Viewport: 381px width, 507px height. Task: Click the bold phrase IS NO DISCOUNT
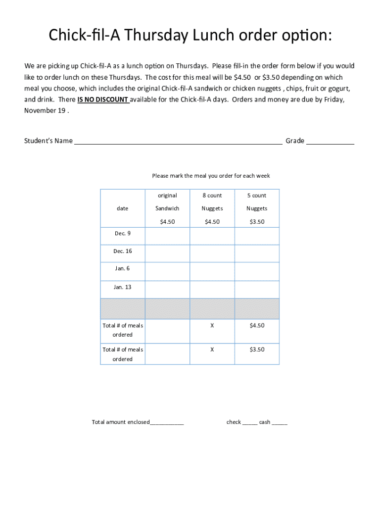click(103, 100)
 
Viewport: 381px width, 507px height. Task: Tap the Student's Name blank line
click(178, 142)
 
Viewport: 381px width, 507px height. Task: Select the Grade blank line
click(330, 142)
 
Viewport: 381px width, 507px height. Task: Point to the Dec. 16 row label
click(122, 251)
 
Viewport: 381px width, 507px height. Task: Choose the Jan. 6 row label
click(122, 268)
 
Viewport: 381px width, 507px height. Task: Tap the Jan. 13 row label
click(122, 287)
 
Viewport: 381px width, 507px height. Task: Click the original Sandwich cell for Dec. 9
click(167, 236)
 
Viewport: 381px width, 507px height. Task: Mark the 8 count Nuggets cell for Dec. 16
click(212, 253)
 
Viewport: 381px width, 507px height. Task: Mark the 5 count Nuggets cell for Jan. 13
click(257, 290)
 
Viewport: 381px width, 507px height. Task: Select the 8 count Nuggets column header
click(212, 208)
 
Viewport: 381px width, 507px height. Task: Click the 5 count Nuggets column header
click(257, 208)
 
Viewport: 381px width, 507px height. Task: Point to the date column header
click(122, 208)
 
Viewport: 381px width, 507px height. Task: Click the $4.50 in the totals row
click(257, 325)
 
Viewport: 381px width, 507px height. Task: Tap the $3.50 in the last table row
click(257, 350)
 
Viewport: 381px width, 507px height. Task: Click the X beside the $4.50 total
click(212, 325)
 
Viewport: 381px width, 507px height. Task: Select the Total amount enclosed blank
click(167, 423)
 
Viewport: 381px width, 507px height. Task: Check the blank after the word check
click(250, 423)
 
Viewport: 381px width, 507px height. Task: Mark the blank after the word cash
click(280, 423)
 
